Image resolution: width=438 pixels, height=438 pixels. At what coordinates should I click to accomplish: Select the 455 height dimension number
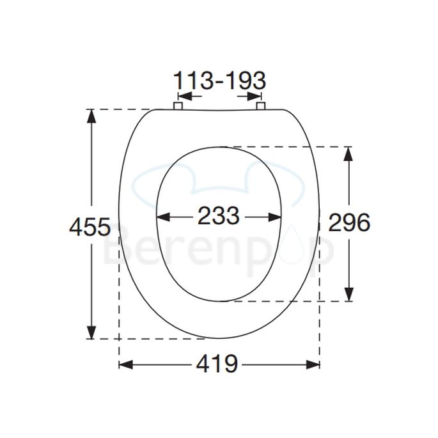pyautogui.click(x=90, y=227)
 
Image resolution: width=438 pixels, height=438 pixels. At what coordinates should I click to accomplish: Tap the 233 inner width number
pyautogui.click(x=218, y=216)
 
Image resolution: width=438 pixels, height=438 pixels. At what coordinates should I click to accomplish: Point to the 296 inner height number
pyautogui.click(x=349, y=223)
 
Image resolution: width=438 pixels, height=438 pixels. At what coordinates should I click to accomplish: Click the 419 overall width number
pyautogui.click(x=218, y=364)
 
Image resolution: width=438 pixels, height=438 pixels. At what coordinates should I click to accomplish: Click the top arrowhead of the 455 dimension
pyautogui.click(x=93, y=116)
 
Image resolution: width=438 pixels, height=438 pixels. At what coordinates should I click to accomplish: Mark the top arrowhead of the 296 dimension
pyautogui.click(x=348, y=153)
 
